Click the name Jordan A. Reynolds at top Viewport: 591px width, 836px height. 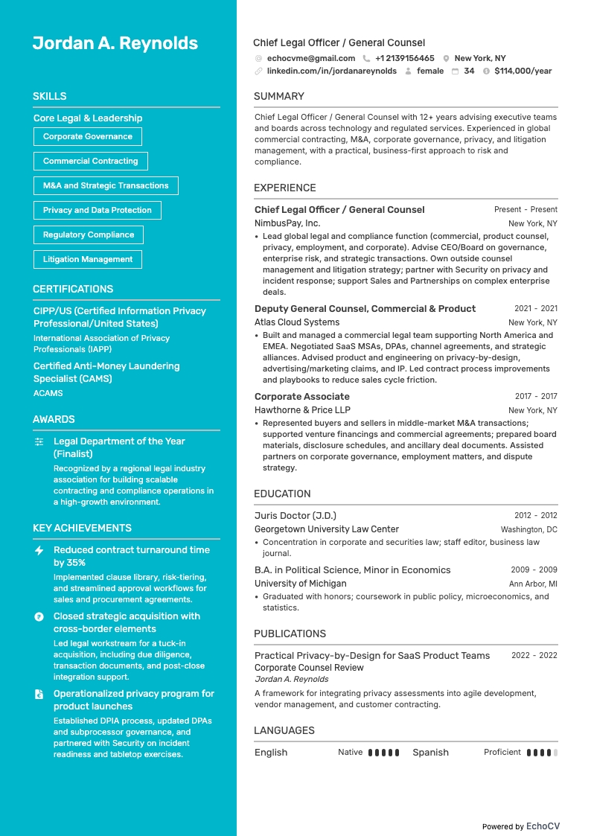click(x=115, y=43)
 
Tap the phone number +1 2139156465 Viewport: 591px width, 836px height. click(x=404, y=58)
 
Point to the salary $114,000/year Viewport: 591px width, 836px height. click(x=523, y=71)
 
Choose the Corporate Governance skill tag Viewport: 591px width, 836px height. click(x=88, y=137)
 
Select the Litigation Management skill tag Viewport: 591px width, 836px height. click(x=88, y=260)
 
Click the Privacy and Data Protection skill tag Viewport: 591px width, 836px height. click(x=97, y=211)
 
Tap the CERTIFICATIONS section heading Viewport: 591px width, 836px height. click(x=73, y=289)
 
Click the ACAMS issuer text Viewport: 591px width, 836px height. click(x=48, y=393)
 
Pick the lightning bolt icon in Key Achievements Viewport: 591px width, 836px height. click(x=39, y=550)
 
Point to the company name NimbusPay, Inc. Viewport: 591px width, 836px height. click(x=287, y=223)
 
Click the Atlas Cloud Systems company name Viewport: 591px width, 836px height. click(x=297, y=322)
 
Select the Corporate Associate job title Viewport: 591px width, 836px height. click(x=301, y=397)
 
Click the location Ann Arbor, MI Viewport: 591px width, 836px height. click(x=533, y=584)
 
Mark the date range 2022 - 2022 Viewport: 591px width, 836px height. click(x=534, y=656)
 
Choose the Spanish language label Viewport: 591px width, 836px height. click(x=430, y=753)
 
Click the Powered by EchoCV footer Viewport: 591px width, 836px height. click(x=520, y=826)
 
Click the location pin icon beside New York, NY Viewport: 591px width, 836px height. click(x=446, y=58)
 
